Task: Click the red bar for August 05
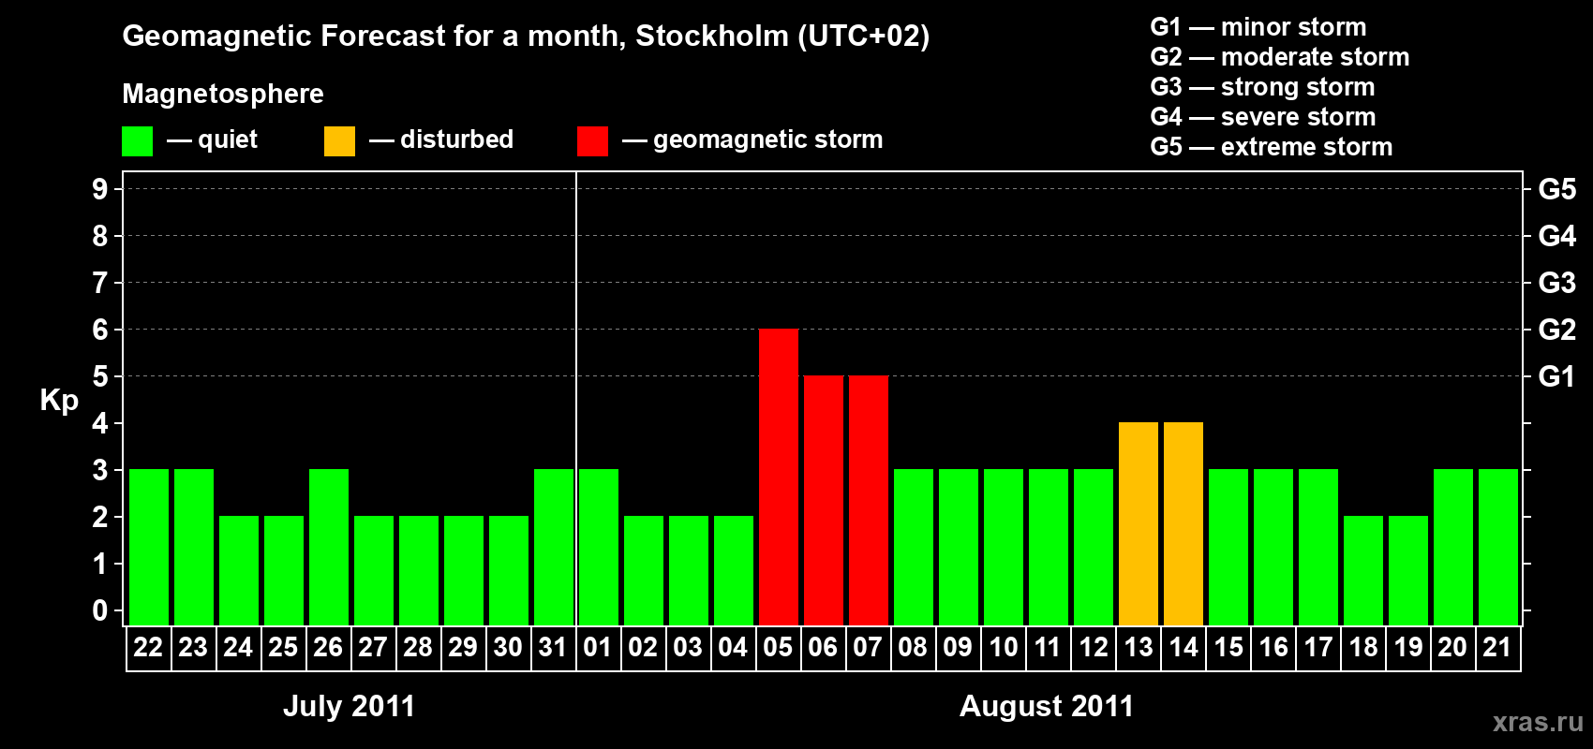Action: click(x=778, y=477)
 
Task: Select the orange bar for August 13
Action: click(x=1138, y=523)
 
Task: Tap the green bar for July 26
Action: click(x=328, y=547)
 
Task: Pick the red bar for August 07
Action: click(x=868, y=500)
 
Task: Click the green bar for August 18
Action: click(x=1362, y=570)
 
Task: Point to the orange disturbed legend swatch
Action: click(x=339, y=141)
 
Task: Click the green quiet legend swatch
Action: click(x=137, y=141)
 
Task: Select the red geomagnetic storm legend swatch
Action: click(x=592, y=141)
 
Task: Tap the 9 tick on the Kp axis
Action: click(x=100, y=189)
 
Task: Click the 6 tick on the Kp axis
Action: click(x=100, y=330)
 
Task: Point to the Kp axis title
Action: click(x=59, y=401)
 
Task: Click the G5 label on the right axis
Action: click(x=1556, y=189)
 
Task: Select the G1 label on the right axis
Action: click(x=1556, y=376)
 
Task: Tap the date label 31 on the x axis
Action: click(x=553, y=648)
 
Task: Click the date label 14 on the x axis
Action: click(x=1183, y=648)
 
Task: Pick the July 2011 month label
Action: click(x=349, y=706)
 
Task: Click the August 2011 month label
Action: click(x=1046, y=706)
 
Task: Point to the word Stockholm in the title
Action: click(x=712, y=37)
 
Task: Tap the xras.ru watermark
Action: click(x=1537, y=722)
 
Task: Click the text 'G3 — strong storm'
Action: click(x=1262, y=87)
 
